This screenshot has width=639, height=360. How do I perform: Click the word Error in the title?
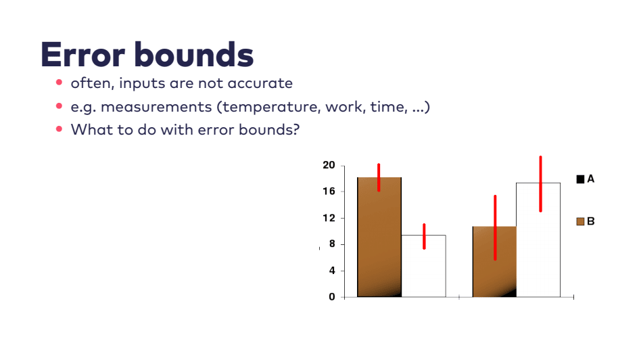pos(82,55)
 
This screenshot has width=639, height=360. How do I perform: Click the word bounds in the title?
pos(194,54)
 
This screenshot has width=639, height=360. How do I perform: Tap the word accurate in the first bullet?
pos(260,83)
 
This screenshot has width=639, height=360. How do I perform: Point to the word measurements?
pos(156,107)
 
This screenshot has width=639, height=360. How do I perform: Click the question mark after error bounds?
pos(295,129)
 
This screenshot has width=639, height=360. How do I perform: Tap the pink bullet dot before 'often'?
pos(59,83)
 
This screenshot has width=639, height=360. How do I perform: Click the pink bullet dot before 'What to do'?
pos(59,129)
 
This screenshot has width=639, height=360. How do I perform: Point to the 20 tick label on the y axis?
pos(329,165)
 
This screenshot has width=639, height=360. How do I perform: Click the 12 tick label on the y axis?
pos(329,218)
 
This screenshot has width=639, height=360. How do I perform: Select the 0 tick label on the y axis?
pos(332,297)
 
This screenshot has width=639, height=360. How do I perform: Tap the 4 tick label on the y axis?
pos(332,270)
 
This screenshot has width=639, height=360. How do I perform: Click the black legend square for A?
pos(580,179)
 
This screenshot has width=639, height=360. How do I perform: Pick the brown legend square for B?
pos(580,221)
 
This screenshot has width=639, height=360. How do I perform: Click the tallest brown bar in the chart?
pos(379,237)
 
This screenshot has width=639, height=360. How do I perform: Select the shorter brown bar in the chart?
pos(494,261)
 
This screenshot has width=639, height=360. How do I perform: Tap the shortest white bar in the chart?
pos(424,266)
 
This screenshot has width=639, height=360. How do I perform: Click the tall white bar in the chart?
pos(538,240)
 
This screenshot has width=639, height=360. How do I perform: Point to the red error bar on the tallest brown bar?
pos(379,177)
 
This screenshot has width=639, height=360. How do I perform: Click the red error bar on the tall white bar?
pos(541,184)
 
